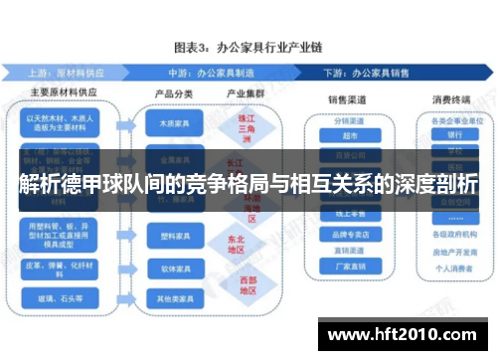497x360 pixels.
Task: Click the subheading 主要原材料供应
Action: pyautogui.click(x=60, y=94)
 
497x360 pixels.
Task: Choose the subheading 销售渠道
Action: pyautogui.click(x=346, y=100)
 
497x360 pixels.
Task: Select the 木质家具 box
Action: pyautogui.click(x=172, y=126)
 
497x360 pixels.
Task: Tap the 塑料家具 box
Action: pyautogui.click(x=172, y=240)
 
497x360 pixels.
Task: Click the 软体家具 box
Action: pyautogui.click(x=172, y=270)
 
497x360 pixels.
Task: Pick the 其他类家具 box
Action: pyautogui.click(x=172, y=298)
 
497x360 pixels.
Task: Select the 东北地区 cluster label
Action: pyautogui.click(x=235, y=244)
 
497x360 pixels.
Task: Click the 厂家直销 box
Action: pyautogui.click(x=346, y=266)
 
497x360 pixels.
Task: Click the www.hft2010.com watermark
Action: pyautogui.click(x=408, y=335)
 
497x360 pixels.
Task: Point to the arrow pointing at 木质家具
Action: pyautogui.click(x=126, y=126)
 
